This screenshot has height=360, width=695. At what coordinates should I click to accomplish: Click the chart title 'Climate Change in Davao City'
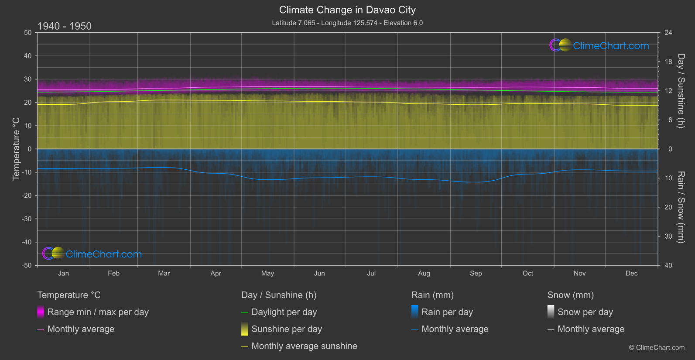click(x=347, y=10)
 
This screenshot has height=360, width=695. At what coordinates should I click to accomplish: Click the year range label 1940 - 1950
click(x=65, y=26)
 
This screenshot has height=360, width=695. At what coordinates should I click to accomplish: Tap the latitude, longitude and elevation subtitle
click(x=347, y=23)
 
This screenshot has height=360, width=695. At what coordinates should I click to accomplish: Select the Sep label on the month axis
click(x=476, y=273)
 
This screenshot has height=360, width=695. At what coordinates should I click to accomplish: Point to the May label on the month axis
click(x=267, y=273)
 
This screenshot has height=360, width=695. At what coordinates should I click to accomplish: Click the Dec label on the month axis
click(x=631, y=273)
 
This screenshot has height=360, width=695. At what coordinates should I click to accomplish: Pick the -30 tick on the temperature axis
click(x=27, y=219)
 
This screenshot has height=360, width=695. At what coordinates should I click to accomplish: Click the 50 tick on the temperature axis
click(x=28, y=33)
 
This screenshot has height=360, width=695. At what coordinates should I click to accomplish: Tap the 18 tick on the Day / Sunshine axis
click(x=668, y=62)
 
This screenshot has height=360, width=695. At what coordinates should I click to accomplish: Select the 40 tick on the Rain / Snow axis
click(x=668, y=265)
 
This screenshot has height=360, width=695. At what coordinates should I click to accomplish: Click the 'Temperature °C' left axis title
click(x=16, y=148)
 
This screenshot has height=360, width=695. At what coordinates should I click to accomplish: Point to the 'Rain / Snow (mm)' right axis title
click(x=681, y=207)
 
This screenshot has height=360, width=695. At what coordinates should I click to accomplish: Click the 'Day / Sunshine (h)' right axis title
click(x=681, y=91)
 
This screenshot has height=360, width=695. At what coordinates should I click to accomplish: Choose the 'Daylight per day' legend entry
click(x=284, y=312)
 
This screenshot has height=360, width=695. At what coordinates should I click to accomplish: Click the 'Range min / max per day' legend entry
click(x=98, y=312)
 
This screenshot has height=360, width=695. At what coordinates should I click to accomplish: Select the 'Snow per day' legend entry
click(x=585, y=312)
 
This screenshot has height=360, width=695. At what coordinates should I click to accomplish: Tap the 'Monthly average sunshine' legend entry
click(x=304, y=346)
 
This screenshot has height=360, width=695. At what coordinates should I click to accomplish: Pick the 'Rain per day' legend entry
click(x=447, y=312)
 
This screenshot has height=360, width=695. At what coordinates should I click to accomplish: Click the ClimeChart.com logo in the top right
click(x=599, y=45)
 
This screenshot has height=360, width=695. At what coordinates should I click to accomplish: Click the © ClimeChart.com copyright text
click(x=657, y=347)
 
